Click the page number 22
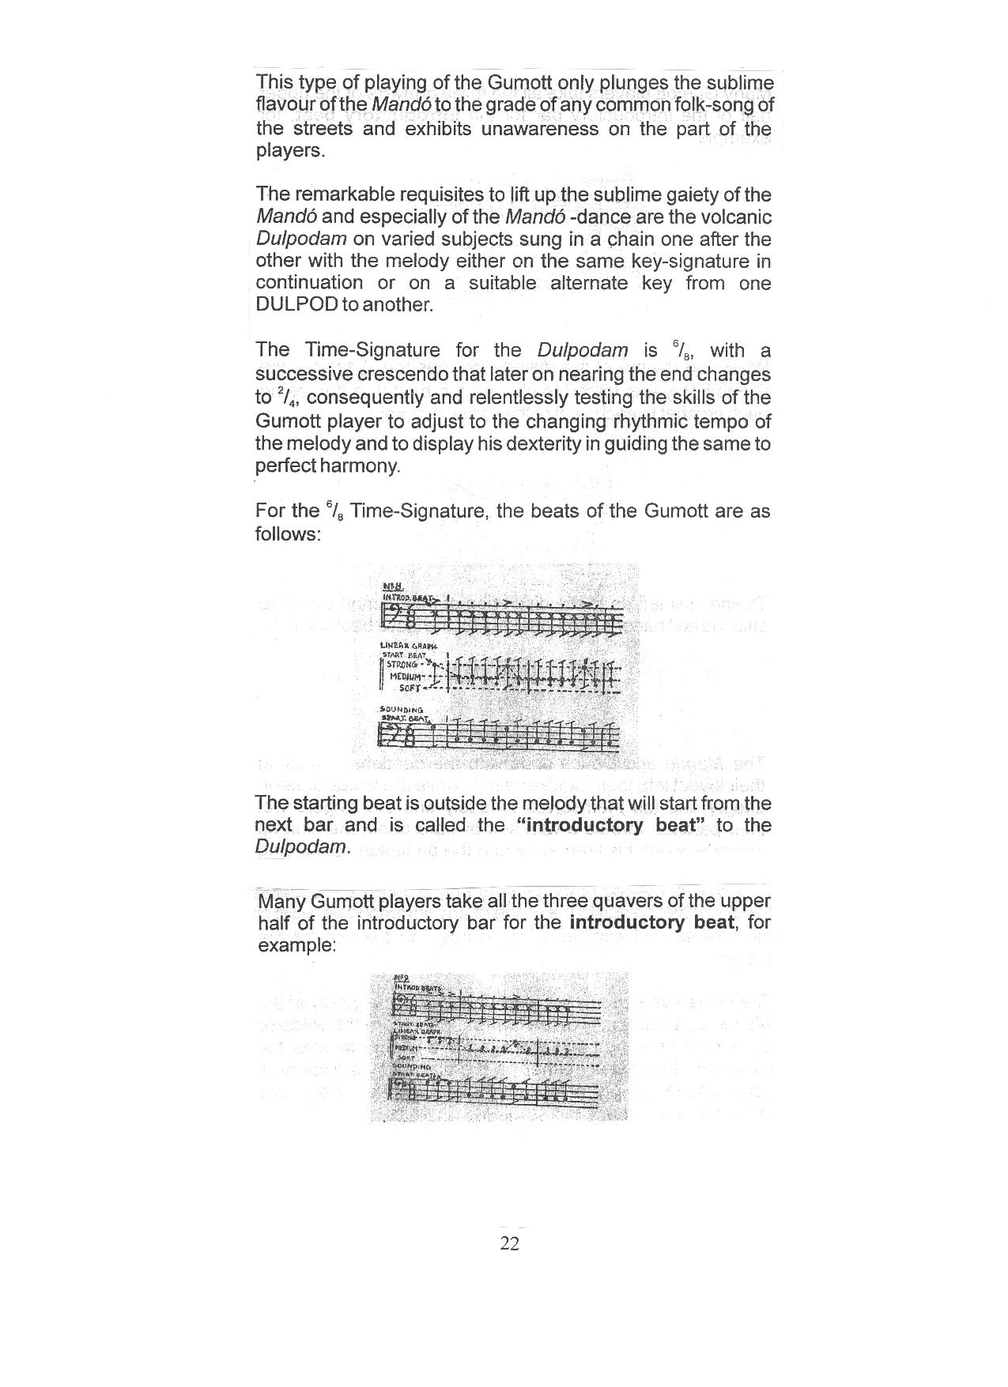[510, 1244]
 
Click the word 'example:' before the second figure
[297, 945]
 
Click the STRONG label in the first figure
[402, 664]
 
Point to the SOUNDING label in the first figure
[402, 709]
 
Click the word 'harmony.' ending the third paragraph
[361, 465]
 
